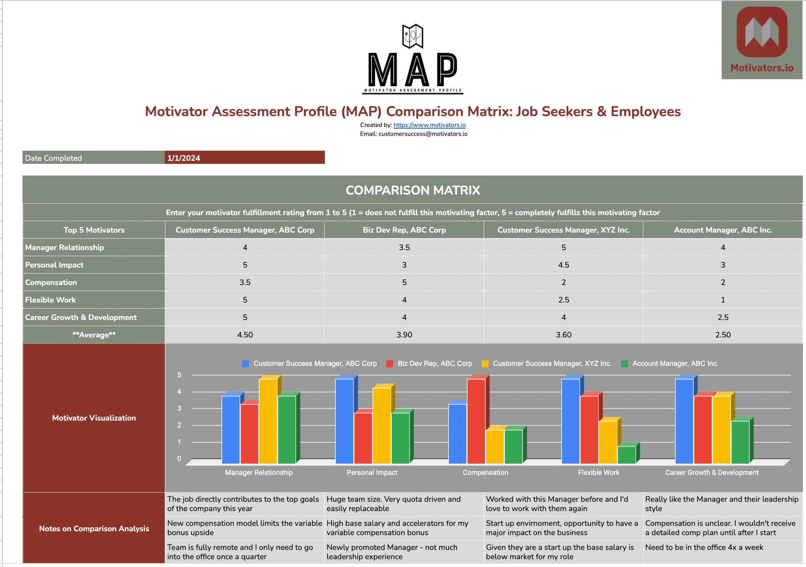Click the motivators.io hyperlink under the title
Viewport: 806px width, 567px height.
click(x=429, y=125)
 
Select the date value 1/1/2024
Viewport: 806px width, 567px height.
click(x=184, y=158)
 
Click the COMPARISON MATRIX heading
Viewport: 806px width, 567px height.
click(x=413, y=190)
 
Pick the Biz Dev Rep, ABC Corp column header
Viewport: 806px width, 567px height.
click(x=404, y=230)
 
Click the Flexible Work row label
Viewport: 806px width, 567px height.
click(x=51, y=300)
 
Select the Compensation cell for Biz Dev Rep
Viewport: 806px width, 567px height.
click(x=404, y=282)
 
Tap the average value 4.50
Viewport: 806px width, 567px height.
click(x=245, y=335)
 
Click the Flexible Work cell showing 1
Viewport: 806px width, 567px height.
click(x=723, y=300)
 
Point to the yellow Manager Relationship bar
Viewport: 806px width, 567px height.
click(x=268, y=421)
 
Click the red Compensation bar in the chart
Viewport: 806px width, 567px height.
click(x=476, y=421)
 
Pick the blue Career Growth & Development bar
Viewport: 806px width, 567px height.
click(x=684, y=421)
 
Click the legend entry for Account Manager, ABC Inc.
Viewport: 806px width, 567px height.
click(x=675, y=364)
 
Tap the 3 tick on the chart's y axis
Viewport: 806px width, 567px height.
click(x=179, y=408)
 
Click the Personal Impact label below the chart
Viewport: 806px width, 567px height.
click(x=372, y=473)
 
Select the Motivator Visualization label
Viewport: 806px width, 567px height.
click(x=94, y=418)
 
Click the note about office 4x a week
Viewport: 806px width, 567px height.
click(x=704, y=548)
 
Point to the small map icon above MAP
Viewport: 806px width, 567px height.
click(x=412, y=36)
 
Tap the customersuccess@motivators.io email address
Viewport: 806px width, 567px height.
click(x=423, y=134)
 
